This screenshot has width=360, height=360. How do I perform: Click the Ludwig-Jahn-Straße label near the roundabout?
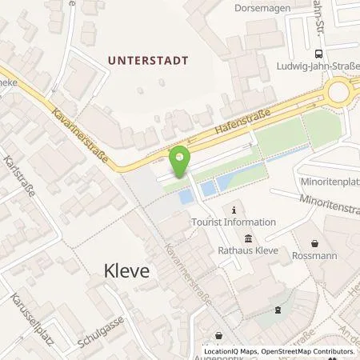(x=316, y=66)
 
